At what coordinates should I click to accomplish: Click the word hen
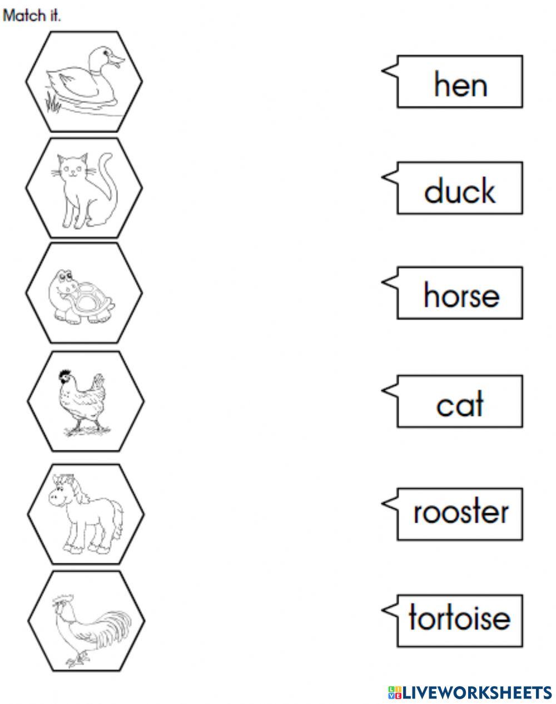(x=461, y=84)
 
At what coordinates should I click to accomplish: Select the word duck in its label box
(x=459, y=190)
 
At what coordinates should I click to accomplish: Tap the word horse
(x=461, y=295)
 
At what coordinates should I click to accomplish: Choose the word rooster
(x=461, y=512)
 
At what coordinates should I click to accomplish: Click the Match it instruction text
(x=32, y=16)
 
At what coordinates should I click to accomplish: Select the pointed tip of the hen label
(x=383, y=70)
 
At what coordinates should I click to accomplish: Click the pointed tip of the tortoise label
(x=383, y=609)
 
